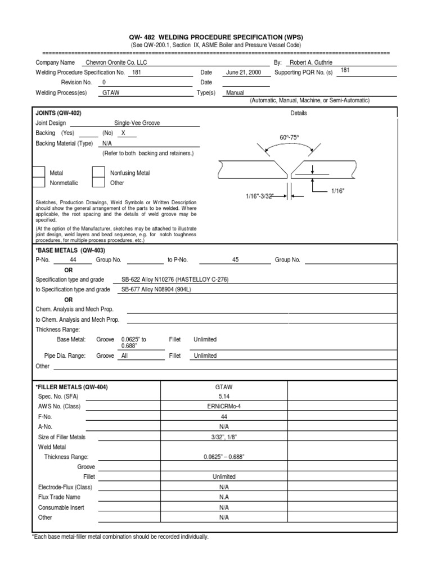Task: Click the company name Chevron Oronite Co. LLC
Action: [x=115, y=63]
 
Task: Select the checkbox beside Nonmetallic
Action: [x=38, y=182]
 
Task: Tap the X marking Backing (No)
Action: [x=123, y=133]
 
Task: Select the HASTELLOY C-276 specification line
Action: [x=175, y=280]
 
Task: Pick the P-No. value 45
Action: [x=235, y=260]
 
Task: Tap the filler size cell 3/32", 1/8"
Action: [x=224, y=437]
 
